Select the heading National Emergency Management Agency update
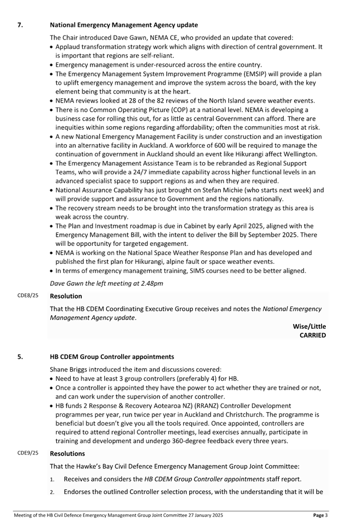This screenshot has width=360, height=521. [x=124, y=25]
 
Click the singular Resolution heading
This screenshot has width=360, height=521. [x=66, y=296]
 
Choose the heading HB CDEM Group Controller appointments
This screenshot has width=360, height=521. [x=112, y=356]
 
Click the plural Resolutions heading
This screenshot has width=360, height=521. [x=67, y=454]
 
